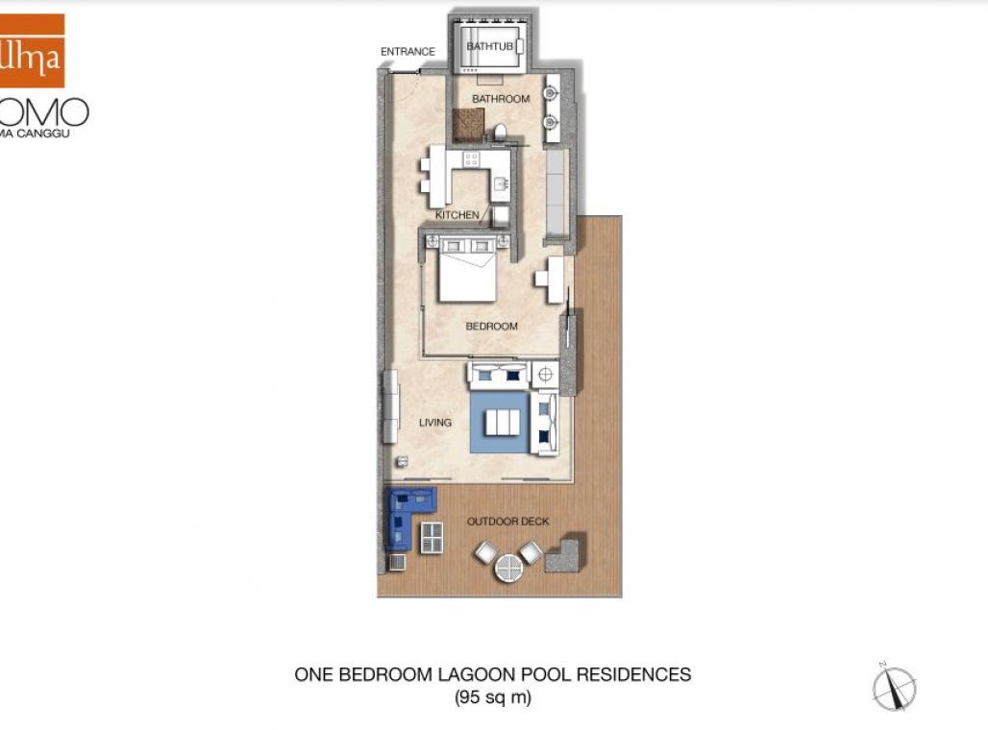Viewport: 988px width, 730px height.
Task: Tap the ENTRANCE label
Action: [408, 52]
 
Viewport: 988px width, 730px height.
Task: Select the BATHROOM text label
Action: [500, 99]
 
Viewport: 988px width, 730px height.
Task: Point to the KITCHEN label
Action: [457, 215]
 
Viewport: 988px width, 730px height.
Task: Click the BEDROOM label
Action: [491, 327]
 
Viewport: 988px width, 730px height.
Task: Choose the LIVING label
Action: [435, 423]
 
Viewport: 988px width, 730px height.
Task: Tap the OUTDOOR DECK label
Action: [507, 522]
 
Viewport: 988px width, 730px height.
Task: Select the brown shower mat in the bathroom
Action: [468, 124]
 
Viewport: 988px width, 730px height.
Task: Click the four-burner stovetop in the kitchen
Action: [472, 159]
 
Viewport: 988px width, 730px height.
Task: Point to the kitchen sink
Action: [500, 182]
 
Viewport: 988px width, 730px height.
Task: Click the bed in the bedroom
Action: [468, 269]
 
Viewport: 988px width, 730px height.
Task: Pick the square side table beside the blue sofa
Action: [432, 537]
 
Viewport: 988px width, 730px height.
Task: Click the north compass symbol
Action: [894, 688]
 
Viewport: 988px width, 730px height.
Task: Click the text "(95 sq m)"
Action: [492, 698]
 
